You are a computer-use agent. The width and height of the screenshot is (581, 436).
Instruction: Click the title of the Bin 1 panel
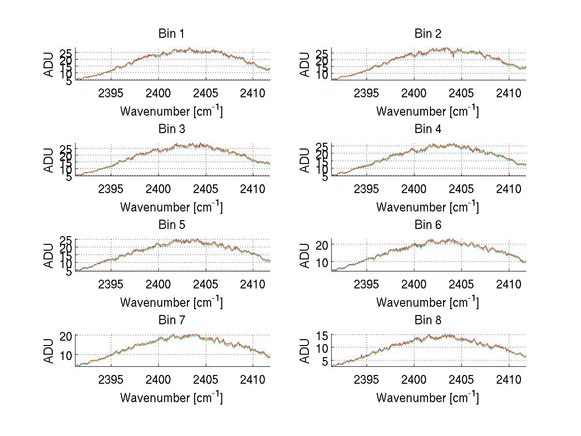point(171,33)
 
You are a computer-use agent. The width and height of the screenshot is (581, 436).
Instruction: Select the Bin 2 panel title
point(428,33)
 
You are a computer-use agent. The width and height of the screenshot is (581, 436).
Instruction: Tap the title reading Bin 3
point(171,129)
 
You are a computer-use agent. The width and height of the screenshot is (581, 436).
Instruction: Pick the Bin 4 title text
point(428,129)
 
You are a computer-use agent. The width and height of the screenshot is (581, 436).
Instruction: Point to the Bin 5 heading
point(171,225)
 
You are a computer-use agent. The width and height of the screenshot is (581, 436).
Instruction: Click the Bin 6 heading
point(428,225)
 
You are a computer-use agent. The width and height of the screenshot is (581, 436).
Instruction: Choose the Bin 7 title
point(171,320)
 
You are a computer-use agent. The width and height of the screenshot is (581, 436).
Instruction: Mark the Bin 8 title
point(428,320)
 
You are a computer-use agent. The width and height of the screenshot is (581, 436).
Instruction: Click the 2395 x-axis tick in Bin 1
point(111,93)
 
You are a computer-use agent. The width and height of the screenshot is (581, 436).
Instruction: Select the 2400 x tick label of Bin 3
point(158,188)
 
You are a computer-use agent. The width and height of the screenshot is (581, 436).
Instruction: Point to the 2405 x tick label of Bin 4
point(461,188)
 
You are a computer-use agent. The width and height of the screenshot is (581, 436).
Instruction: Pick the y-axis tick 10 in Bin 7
point(67,355)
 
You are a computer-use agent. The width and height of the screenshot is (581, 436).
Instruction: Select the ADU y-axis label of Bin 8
point(306,350)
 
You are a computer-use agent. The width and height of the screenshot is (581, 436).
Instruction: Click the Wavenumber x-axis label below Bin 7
point(171,398)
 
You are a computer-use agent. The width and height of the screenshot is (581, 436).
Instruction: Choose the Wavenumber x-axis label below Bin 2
point(428,111)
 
